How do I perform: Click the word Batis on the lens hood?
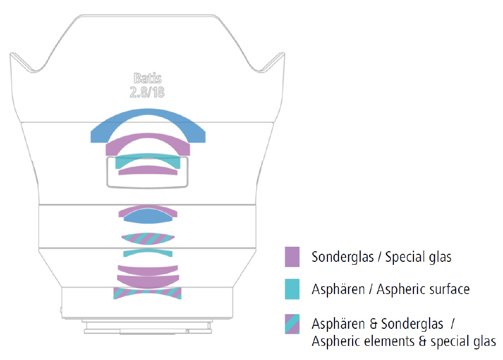[147, 78]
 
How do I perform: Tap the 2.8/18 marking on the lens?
[147, 92]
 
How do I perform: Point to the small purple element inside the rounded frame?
[148, 170]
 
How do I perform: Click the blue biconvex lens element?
[148, 217]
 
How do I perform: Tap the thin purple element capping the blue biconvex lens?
[148, 208]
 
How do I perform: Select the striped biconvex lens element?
[148, 239]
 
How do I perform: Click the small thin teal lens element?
[148, 252]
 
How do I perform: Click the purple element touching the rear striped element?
[148, 282]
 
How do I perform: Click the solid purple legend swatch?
[292, 257]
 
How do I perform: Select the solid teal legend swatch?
[292, 289]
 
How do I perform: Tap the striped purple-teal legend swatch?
[292, 324]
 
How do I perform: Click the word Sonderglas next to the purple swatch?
[343, 257]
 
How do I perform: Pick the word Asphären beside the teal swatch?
[338, 289]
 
